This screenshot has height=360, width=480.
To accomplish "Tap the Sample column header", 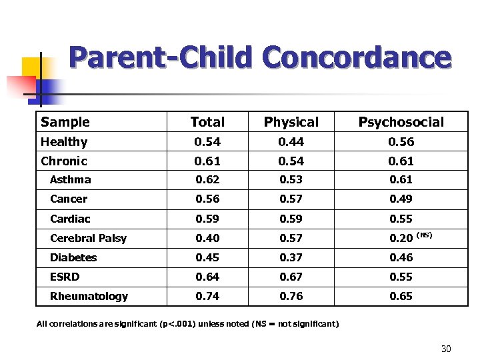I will point(65,122).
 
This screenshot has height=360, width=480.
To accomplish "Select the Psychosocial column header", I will point(401,122).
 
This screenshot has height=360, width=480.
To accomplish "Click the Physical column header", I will point(291,122).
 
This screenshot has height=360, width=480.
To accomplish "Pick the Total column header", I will point(207,122).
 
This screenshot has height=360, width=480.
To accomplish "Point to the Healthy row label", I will point(64,142).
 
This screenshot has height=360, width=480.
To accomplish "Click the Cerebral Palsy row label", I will point(88,238).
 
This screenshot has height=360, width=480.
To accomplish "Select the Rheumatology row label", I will point(89,296).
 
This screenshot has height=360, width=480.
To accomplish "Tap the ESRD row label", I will point(65,277).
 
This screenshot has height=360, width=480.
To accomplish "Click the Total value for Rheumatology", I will point(207,296).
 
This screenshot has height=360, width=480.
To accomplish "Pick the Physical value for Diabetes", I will point(291,257).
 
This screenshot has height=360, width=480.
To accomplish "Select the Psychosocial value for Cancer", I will point(401,199).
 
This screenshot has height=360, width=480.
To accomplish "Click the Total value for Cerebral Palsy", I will point(207,238).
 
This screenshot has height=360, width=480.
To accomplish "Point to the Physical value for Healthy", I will point(291,142).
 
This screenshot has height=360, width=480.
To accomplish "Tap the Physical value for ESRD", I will point(291,277).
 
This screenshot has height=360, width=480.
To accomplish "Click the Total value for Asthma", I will point(207,180).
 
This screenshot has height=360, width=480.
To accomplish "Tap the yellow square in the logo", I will point(31,67).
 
